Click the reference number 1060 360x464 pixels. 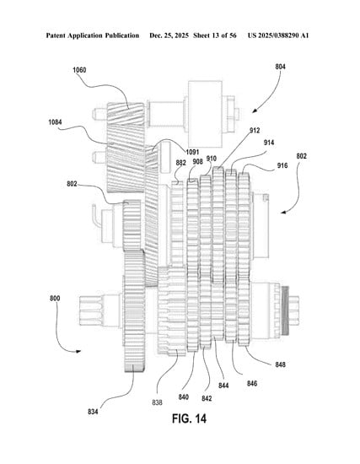pos(79,70)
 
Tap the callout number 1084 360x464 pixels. pos(56,122)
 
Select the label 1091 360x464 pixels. pos(192,152)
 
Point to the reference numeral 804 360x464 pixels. pos(281,67)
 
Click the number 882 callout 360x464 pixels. pos(180,163)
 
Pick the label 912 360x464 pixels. pos(255,130)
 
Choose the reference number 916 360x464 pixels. pos(282,165)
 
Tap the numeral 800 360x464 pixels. pos(55,299)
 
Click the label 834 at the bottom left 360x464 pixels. pos(93,412)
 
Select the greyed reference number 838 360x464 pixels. pos(157,402)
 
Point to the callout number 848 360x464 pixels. pos(281,364)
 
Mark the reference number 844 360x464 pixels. pos(223,386)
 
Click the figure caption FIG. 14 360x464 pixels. pos(190,418)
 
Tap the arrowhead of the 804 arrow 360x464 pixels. pos(254,111)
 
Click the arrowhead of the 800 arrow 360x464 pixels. pos(79,351)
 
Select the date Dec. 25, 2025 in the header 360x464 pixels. pos(169,35)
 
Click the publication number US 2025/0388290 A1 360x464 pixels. pos(278,35)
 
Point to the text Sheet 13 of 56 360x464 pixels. pos(215,35)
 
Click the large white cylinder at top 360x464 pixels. pos(205,114)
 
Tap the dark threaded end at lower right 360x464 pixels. pos(286,310)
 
